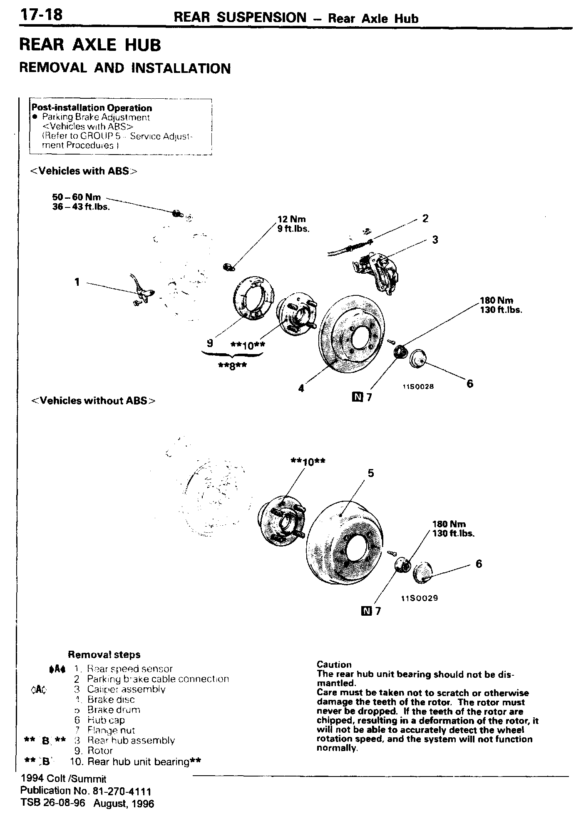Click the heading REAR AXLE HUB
pos(90,45)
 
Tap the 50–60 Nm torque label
pos(77,197)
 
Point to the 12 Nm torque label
pos(292,219)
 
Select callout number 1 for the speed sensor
pos(77,282)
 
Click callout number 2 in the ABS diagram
pos(425,218)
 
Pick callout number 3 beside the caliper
pos(435,240)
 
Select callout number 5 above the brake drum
pos(370,473)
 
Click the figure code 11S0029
pos(419,598)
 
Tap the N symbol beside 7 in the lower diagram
pos(366,611)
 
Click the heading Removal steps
pos(104,654)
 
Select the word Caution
pos(334,664)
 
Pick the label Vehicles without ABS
pos(93,401)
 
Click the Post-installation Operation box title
pos(92,108)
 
